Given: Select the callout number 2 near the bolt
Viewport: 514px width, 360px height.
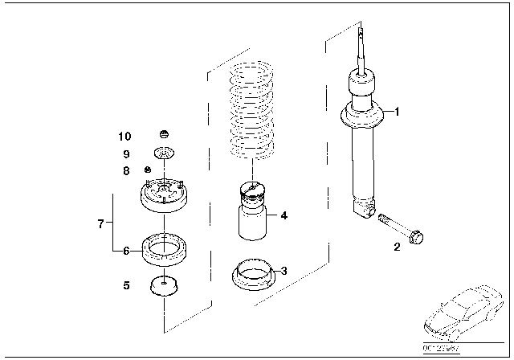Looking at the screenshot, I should [x=396, y=247].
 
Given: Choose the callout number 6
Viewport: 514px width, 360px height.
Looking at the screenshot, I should [x=126, y=251].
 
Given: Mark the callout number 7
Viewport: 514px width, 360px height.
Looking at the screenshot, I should [x=100, y=223].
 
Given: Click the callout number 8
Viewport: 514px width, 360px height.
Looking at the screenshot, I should [x=126, y=170].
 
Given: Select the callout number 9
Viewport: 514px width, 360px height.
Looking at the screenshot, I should [x=126, y=153].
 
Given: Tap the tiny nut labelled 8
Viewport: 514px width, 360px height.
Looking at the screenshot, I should [x=148, y=170].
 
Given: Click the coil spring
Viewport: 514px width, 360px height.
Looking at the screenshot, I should [x=252, y=112].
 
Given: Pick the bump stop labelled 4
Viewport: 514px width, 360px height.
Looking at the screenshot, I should [x=251, y=213].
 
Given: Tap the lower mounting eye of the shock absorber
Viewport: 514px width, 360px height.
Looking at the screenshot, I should [x=364, y=211].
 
